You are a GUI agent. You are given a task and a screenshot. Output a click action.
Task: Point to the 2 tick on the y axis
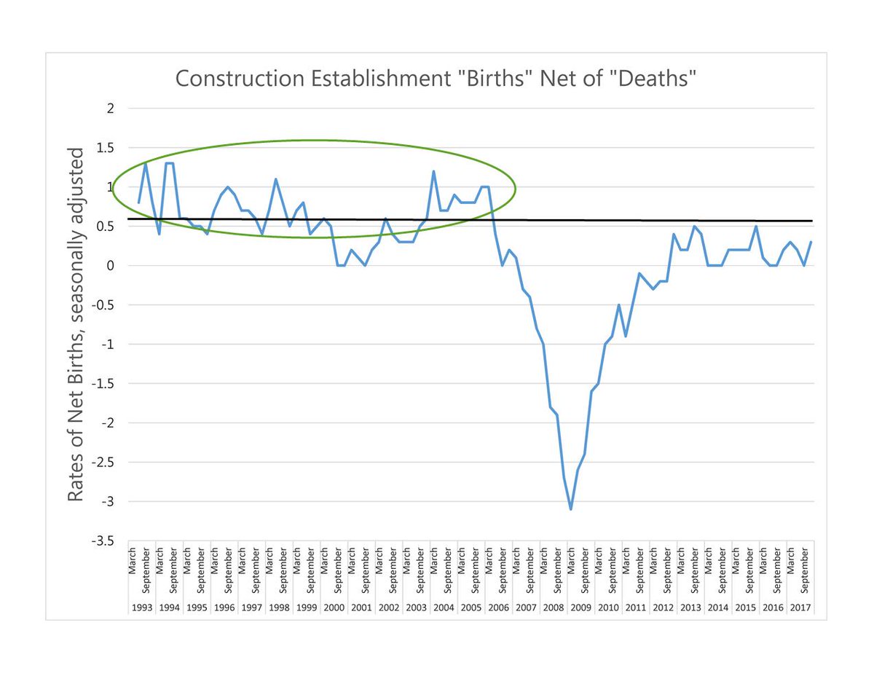(x=111, y=109)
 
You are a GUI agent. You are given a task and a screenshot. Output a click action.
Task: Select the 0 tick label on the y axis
(x=111, y=266)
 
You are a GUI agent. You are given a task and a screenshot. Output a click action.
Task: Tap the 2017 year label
(x=799, y=607)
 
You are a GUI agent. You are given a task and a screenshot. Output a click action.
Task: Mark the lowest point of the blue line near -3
(x=571, y=509)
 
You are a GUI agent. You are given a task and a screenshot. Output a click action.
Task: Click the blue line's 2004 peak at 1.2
(x=433, y=171)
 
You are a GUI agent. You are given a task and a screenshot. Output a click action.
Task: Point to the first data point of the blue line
(x=138, y=203)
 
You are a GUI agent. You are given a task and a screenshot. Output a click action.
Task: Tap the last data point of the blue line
(x=811, y=242)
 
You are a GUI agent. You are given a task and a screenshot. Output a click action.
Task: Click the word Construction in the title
(x=232, y=78)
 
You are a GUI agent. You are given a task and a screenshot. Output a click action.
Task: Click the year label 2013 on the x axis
(x=689, y=607)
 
